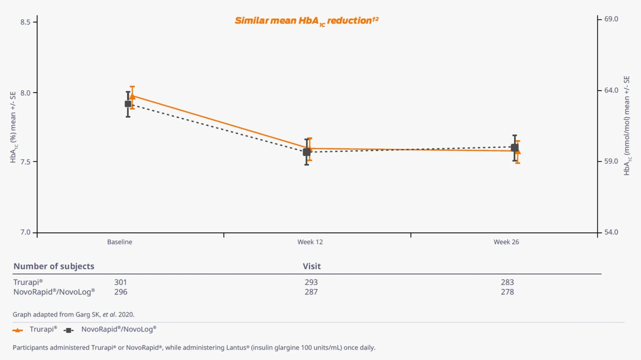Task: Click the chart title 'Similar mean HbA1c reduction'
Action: pos(306,21)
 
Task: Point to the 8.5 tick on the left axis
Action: pos(25,22)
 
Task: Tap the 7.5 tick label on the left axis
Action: pos(25,162)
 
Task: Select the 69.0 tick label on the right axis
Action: pos(611,19)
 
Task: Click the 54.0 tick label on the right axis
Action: pos(611,232)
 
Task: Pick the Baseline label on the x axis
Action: pos(120,242)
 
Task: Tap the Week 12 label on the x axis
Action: pos(310,242)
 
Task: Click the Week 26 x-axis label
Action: pos(506,242)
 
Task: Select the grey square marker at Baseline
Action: pos(128,104)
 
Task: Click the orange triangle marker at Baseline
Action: pos(133,97)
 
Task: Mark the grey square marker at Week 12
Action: pos(306,152)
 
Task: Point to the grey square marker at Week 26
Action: pos(514,148)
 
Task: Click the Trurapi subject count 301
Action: pos(121,282)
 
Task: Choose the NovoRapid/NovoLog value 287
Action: pos(311,292)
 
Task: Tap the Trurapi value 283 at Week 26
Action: pos(507,282)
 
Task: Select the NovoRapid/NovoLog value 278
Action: pos(507,292)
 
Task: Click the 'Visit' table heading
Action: pos(311,266)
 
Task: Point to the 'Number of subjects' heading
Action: pos(54,266)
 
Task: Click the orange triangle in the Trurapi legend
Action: pos(18,330)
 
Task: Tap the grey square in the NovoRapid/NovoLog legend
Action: pos(68,330)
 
